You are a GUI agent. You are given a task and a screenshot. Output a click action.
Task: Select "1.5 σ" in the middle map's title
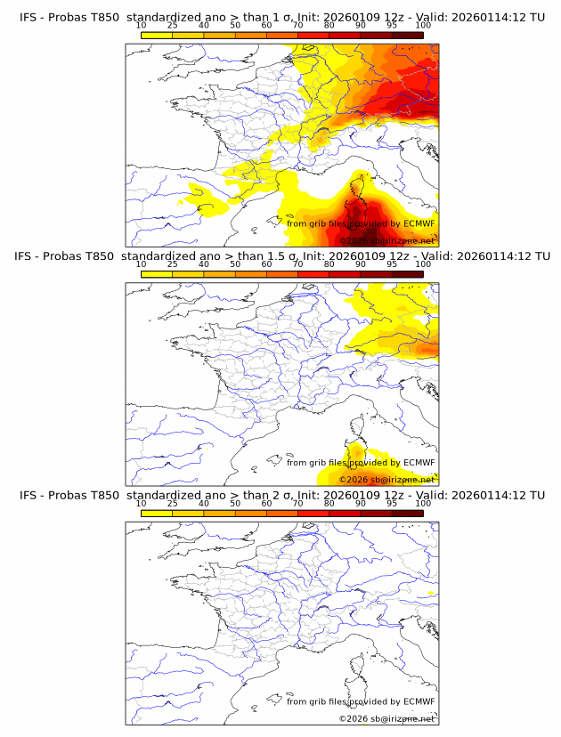pos(280,256)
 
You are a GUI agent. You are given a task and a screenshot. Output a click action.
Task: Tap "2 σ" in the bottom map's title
pos(276,495)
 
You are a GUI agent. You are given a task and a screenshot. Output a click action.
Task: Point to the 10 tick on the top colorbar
pos(141,27)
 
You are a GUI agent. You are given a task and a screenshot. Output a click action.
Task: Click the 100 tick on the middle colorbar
pos(423,264)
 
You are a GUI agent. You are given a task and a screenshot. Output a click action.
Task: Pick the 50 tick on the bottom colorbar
pos(235,503)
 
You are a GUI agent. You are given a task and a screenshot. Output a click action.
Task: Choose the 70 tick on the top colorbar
pos(297,27)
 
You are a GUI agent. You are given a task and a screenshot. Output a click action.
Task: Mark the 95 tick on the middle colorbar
pos(392,264)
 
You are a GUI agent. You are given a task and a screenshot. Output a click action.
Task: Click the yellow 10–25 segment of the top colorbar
pos(157,35)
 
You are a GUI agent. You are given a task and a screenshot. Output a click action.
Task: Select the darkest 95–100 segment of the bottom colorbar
pos(407,513)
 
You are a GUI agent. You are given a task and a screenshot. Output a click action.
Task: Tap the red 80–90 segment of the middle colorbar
pos(345,274)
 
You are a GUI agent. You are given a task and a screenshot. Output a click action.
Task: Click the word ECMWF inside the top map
pos(419,224)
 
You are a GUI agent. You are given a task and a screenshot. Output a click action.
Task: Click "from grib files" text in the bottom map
pos(318,701)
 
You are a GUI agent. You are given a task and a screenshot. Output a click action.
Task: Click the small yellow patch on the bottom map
pos(431,592)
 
